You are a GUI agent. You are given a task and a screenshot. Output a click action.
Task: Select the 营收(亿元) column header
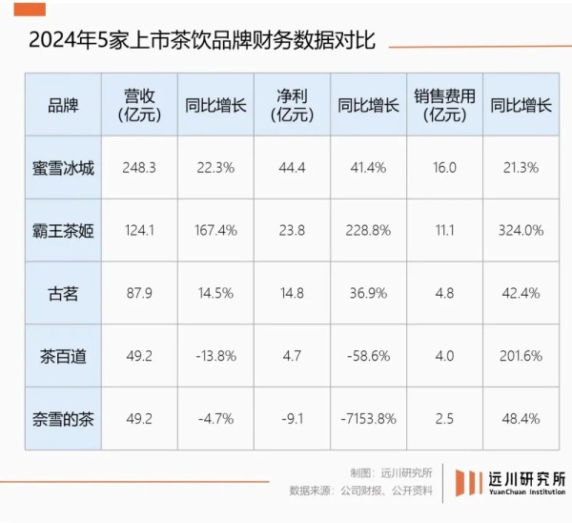click(139, 105)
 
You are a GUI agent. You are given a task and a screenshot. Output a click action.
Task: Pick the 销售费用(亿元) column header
click(444, 105)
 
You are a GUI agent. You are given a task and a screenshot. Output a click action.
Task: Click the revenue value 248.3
click(139, 167)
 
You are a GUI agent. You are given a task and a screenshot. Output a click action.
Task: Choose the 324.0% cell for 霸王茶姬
click(521, 230)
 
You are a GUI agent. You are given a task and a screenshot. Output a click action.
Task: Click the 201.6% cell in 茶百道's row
click(521, 356)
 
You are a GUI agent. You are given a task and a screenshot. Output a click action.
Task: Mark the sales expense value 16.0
click(444, 167)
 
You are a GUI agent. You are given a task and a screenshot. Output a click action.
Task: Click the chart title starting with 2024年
click(201, 42)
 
